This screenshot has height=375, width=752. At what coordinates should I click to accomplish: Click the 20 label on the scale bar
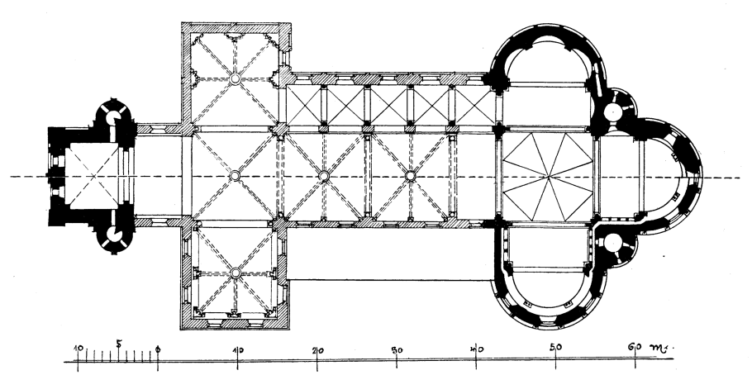317,350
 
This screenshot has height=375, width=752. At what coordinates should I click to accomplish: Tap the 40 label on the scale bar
476,349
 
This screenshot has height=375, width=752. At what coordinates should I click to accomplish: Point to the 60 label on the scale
635,347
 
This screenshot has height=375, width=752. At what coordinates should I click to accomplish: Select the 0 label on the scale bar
158,349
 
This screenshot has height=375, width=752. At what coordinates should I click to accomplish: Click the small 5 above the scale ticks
119,344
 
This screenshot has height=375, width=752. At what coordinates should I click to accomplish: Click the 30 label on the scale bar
397,350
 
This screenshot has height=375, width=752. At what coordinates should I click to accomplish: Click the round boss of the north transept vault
235,78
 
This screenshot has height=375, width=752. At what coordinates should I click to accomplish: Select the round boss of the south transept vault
235,273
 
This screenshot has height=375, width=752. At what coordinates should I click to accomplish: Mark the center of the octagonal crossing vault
548,177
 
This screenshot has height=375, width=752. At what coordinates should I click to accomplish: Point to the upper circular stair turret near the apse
613,112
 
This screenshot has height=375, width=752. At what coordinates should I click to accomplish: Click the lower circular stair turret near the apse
613,244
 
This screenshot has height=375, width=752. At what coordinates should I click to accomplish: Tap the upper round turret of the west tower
114,118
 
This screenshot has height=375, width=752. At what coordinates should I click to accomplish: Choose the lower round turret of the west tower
114,235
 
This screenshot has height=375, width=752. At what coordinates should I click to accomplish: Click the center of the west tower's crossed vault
93,177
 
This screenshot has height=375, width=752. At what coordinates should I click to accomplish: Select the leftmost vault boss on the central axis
235,176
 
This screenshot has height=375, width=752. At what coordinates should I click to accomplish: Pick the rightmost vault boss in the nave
411,176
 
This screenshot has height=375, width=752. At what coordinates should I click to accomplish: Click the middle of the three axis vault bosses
324,176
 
